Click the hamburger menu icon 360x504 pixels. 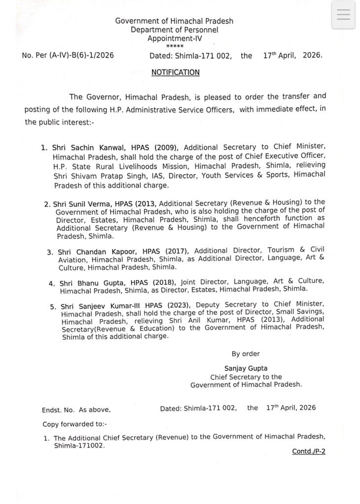point(343,15)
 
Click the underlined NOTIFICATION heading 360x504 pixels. point(175,72)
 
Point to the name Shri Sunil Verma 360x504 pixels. point(77,203)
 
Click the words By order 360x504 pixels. point(246,353)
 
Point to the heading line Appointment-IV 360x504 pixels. point(174,38)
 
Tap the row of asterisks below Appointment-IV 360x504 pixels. point(174,46)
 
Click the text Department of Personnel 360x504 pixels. point(174,30)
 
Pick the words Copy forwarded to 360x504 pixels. point(75,423)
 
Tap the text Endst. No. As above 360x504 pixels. point(76,409)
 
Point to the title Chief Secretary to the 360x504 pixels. point(246,377)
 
